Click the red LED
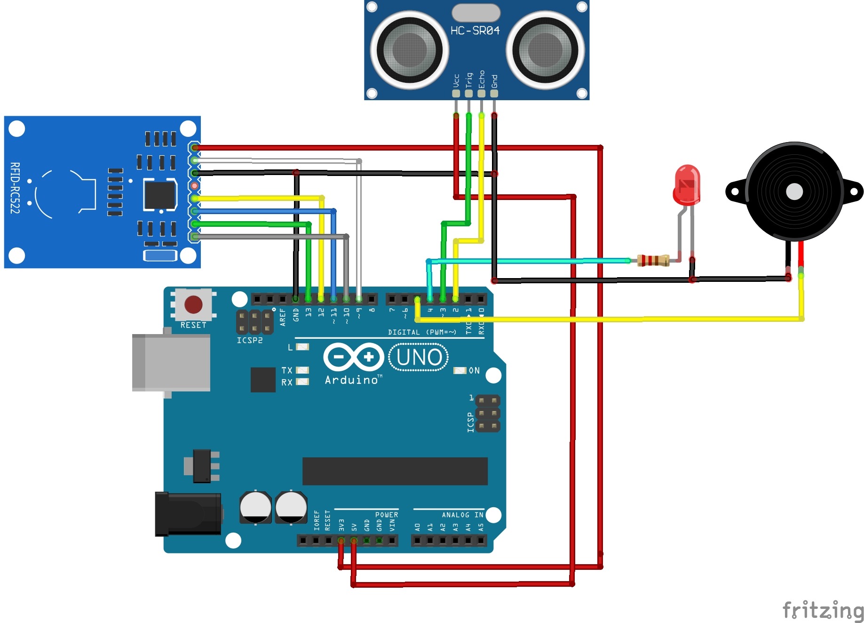[x=687, y=184]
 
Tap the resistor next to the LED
[x=653, y=260]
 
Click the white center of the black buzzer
[x=794, y=192]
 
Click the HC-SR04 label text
[x=475, y=31]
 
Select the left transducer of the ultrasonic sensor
[x=409, y=50]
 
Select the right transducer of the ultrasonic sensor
[x=545, y=50]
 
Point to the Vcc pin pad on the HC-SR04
[x=456, y=93]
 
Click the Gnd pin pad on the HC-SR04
[x=494, y=93]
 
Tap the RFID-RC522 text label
[x=15, y=188]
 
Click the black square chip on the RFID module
[x=159, y=194]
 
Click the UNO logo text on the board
[x=419, y=357]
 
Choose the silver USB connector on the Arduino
[x=171, y=362]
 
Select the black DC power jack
[x=188, y=513]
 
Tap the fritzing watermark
[x=823, y=610]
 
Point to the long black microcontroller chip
[x=395, y=471]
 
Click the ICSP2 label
[x=250, y=340]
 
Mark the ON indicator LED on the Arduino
[x=459, y=371]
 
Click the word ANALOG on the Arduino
[x=455, y=515]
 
